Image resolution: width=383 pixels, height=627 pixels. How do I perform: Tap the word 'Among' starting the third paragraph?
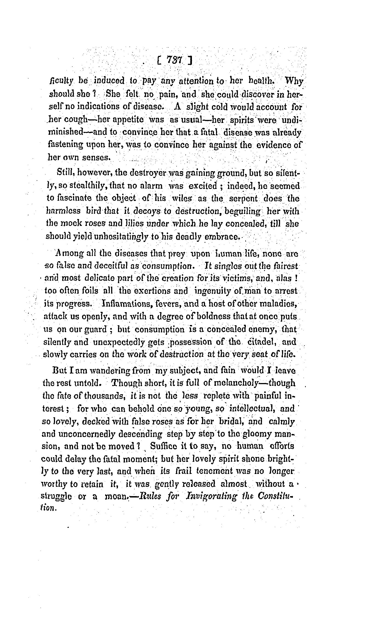pyautogui.click(x=67, y=254)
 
